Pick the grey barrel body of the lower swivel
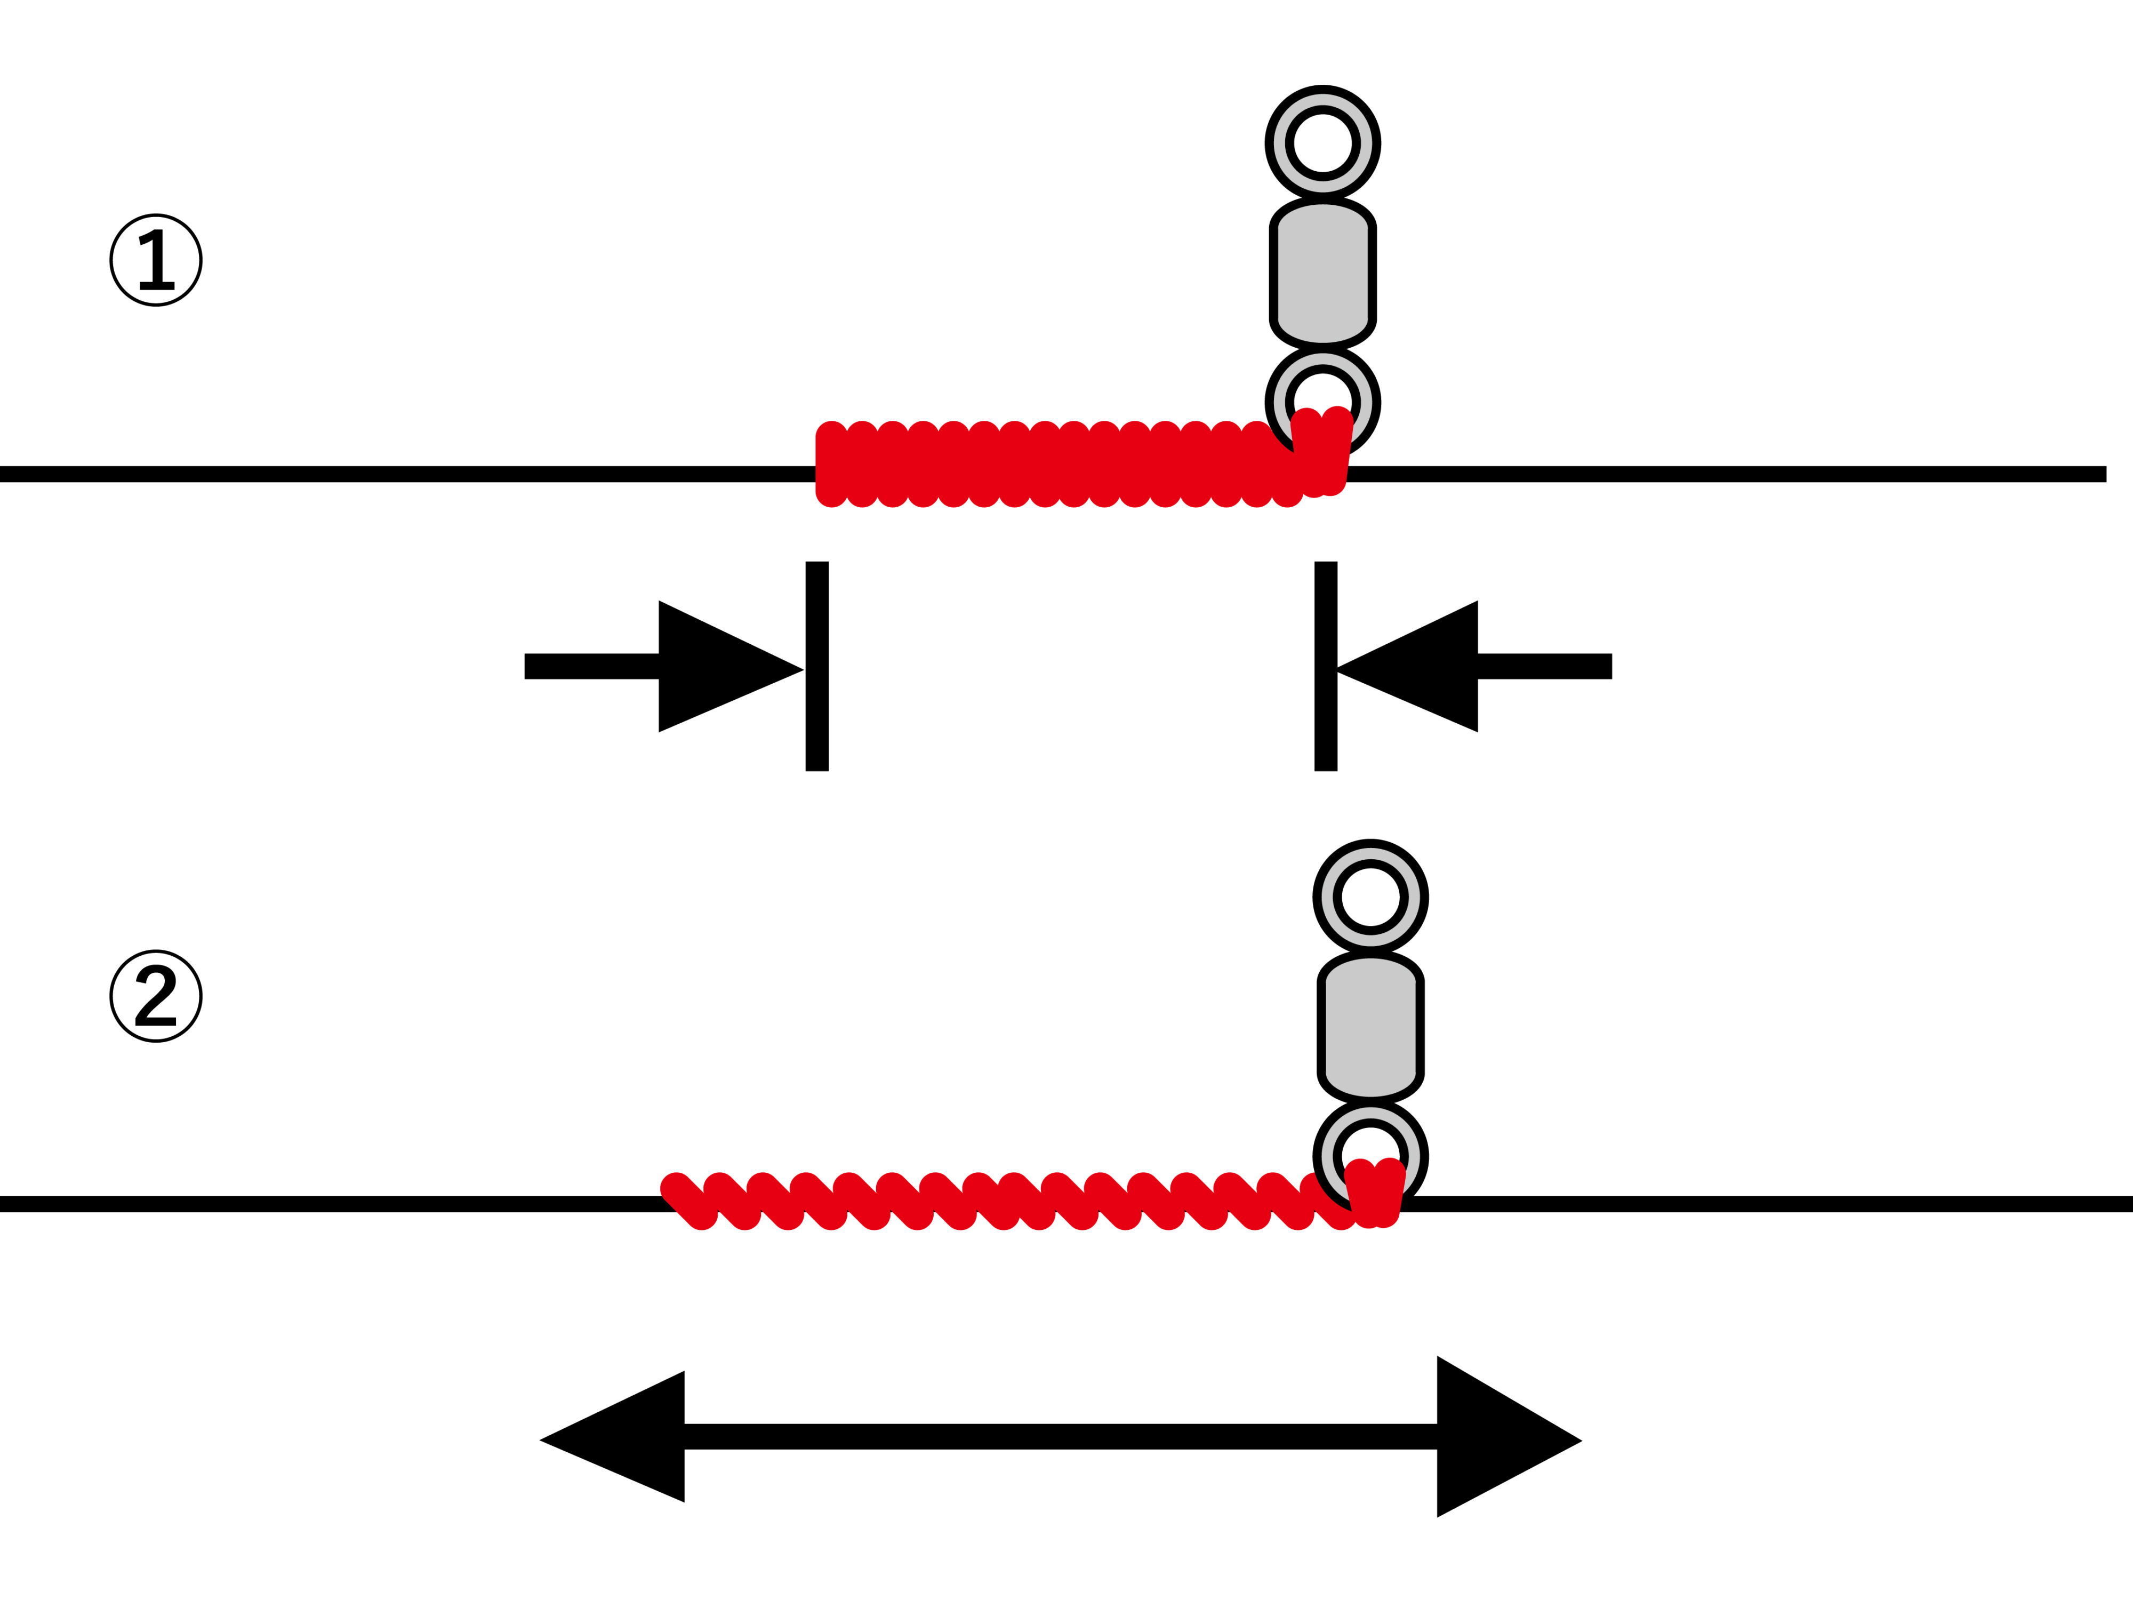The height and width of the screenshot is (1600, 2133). point(1370,1027)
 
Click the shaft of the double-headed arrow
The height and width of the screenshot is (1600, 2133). point(1061,1437)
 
